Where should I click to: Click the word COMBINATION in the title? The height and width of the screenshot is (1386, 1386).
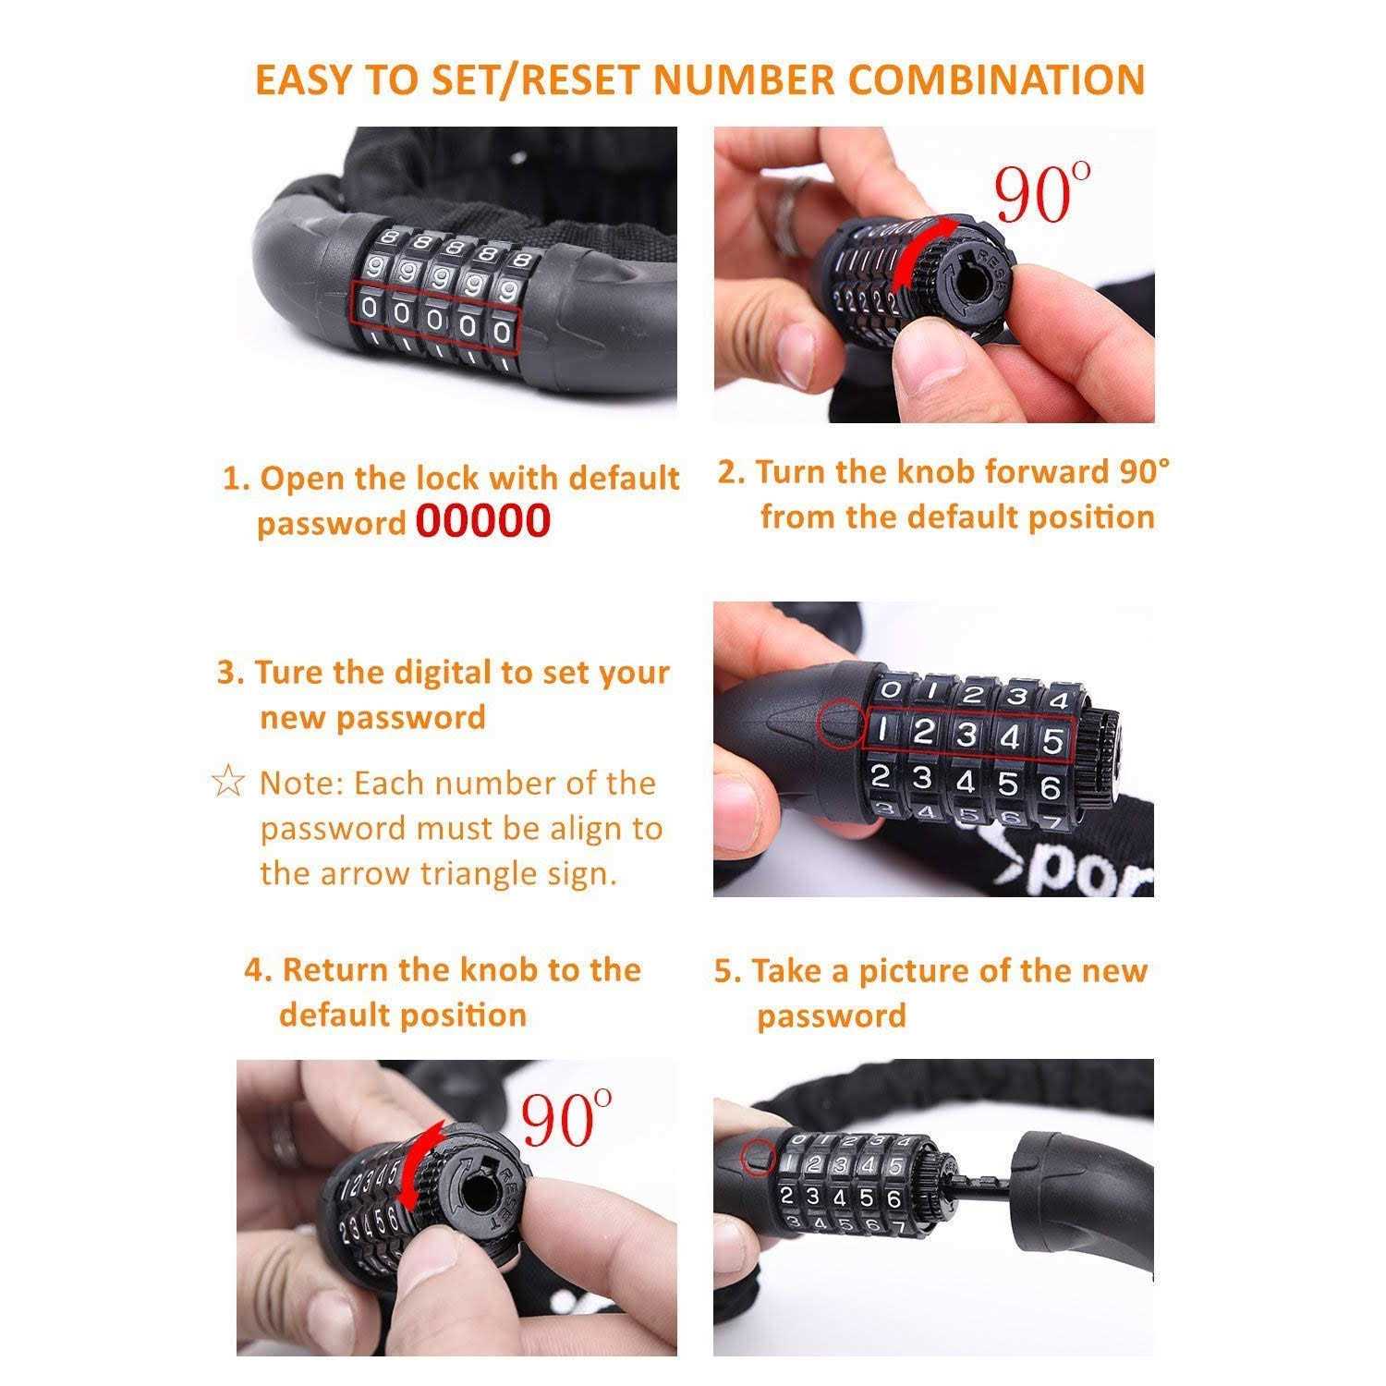[x=997, y=79]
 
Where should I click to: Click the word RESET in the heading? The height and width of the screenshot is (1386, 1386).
[x=584, y=79]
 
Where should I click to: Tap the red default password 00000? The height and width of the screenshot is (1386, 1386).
[x=482, y=521]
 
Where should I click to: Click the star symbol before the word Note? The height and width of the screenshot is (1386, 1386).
[x=228, y=784]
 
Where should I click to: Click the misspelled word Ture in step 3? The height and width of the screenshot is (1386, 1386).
[x=290, y=673]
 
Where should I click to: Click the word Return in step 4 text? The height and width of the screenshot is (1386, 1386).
[x=334, y=970]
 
